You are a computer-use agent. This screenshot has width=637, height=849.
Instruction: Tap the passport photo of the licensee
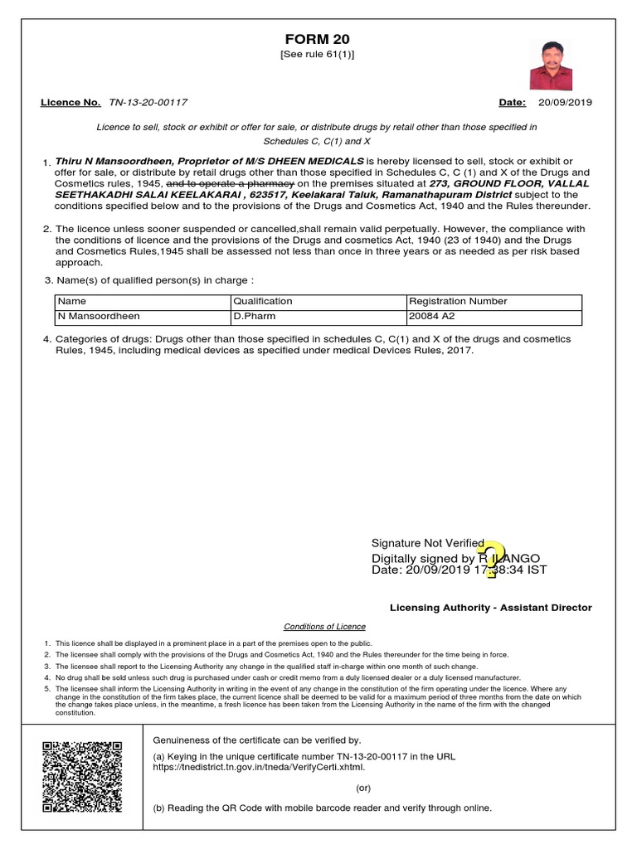coord(551,65)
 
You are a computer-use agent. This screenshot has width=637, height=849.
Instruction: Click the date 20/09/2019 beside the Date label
coord(565,103)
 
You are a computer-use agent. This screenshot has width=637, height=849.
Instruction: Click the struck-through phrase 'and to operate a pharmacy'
coord(231,182)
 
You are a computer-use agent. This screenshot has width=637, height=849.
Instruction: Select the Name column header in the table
coord(71,301)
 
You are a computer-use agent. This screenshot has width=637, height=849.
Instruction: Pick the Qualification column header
coord(263,301)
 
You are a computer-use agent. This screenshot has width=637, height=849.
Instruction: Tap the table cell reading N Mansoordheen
coord(98,317)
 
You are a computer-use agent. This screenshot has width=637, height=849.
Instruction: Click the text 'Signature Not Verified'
coord(428,543)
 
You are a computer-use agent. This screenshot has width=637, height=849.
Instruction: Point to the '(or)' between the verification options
coord(363,788)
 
